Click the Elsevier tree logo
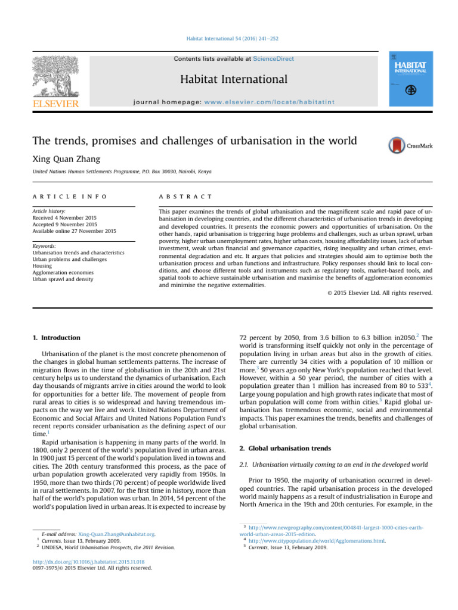(54, 78)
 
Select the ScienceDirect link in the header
(273, 59)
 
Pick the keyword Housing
(43, 266)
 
